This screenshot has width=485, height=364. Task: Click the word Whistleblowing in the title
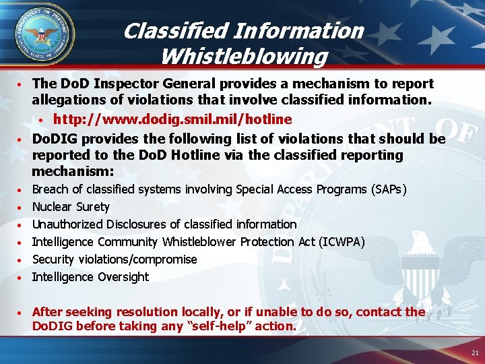tap(244, 55)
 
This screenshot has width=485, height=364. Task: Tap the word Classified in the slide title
tap(176, 31)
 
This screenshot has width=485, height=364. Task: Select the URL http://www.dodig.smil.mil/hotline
tap(172, 119)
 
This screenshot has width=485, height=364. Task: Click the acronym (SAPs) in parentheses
tap(389, 189)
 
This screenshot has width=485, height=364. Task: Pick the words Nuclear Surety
tap(71, 207)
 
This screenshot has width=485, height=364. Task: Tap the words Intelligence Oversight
tap(90, 277)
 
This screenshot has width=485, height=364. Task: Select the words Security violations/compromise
tap(115, 260)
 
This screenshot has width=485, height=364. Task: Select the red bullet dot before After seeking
tap(23, 313)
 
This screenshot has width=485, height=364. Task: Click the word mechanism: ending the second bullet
tap(74, 171)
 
